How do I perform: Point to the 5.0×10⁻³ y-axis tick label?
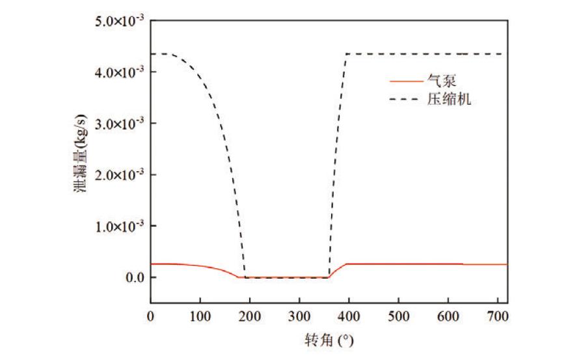(121, 21)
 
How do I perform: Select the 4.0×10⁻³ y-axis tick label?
(121, 72)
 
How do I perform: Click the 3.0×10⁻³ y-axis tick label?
(121, 124)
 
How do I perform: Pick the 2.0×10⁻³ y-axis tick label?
(121, 175)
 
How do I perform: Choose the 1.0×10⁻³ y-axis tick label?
(121, 227)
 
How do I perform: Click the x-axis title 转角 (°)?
(329, 340)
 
